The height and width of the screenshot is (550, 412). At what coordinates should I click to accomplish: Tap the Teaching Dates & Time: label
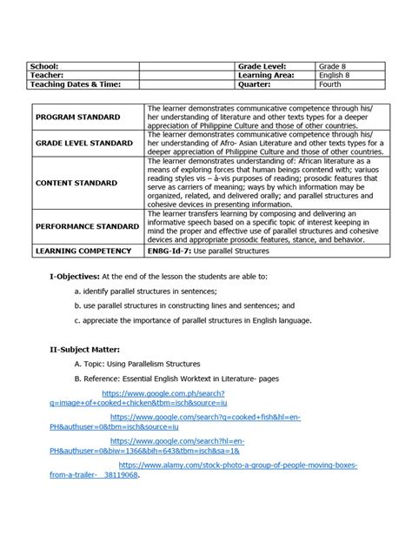tap(73, 84)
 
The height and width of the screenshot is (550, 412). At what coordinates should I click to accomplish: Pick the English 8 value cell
tap(336, 76)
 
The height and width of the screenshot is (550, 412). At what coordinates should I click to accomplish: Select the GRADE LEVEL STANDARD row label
tap(84, 143)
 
